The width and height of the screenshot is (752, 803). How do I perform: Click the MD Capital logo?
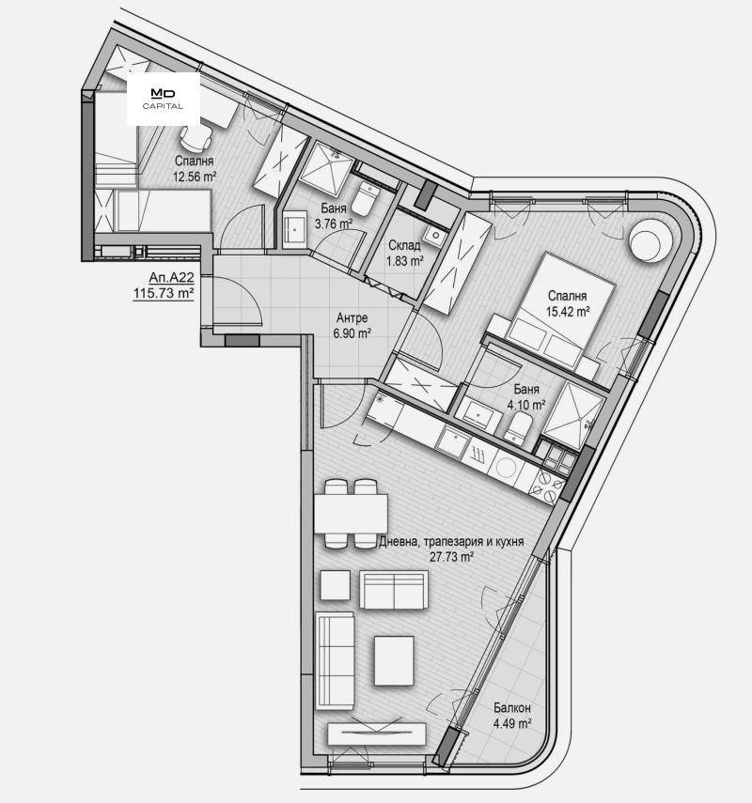(x=163, y=99)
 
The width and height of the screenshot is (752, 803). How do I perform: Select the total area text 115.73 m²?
(x=164, y=293)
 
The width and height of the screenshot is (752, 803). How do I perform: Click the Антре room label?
(x=352, y=318)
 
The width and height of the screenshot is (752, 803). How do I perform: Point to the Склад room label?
(x=404, y=245)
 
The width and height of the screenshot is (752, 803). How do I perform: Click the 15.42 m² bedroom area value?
(x=569, y=312)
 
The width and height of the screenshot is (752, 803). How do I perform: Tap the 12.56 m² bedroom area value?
(x=195, y=178)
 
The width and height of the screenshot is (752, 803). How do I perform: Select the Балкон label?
(x=512, y=708)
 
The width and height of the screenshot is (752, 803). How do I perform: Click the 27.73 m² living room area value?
(x=450, y=557)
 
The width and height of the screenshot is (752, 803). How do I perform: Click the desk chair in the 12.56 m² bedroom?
(x=196, y=136)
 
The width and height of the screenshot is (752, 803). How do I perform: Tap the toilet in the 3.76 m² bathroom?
(x=366, y=199)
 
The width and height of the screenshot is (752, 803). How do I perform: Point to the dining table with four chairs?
(x=352, y=514)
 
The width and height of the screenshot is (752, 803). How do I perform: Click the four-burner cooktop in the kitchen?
(x=546, y=485)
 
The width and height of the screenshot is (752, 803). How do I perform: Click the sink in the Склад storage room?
(x=437, y=236)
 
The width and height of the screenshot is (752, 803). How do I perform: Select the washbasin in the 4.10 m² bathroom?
(x=479, y=410)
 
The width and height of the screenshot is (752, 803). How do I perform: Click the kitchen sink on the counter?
(x=453, y=440)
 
